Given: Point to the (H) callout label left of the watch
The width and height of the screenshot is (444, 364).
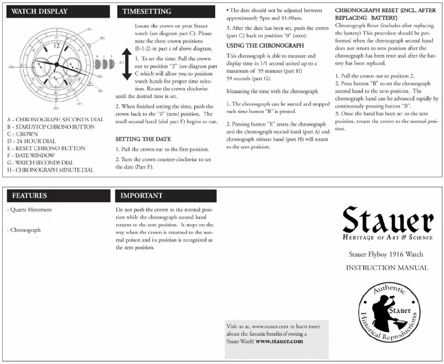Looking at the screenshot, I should point(11,68).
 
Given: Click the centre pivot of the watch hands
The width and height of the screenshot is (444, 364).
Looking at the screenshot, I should point(55,66).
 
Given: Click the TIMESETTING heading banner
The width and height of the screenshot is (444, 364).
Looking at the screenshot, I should point(147,11).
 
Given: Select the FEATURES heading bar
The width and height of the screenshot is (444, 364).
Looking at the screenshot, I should point(30,196).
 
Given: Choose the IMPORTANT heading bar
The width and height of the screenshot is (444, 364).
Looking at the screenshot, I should point(142,196).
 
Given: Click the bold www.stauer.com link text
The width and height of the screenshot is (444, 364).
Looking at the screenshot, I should point(280,341).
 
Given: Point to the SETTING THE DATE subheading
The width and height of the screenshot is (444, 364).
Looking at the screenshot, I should point(143,139).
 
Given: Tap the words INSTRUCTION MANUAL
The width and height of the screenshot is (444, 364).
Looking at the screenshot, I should point(387,268).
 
